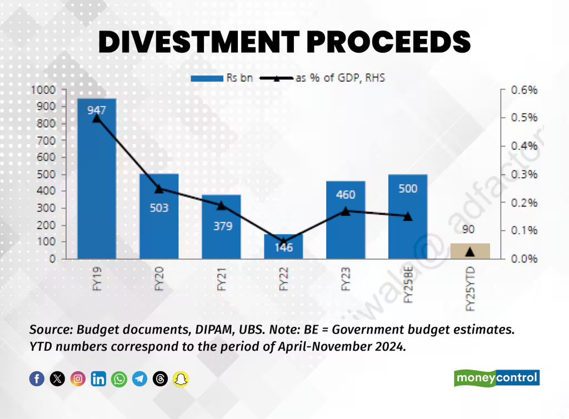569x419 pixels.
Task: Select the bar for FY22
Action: pyautogui.click(x=283, y=247)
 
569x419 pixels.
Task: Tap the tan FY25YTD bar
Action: pyautogui.click(x=470, y=251)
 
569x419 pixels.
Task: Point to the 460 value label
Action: pyautogui.click(x=346, y=195)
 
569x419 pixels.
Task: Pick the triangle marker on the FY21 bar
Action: pyautogui.click(x=221, y=206)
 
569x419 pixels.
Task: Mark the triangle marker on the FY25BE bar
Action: pyautogui.click(x=408, y=216)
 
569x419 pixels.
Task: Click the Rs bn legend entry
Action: pyautogui.click(x=222, y=78)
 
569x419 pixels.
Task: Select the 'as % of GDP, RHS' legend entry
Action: pyautogui.click(x=322, y=78)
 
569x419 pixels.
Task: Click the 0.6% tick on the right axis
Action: pyautogui.click(x=524, y=90)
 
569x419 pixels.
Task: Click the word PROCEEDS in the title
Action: pyautogui.click(x=380, y=41)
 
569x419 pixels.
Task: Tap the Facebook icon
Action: pyautogui.click(x=37, y=379)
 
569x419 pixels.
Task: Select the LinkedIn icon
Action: pyautogui.click(x=98, y=379)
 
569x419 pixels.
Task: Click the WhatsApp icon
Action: pyautogui.click(x=119, y=379)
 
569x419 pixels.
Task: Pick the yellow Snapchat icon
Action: pyautogui.click(x=181, y=379)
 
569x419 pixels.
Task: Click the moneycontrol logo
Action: pyautogui.click(x=497, y=378)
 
